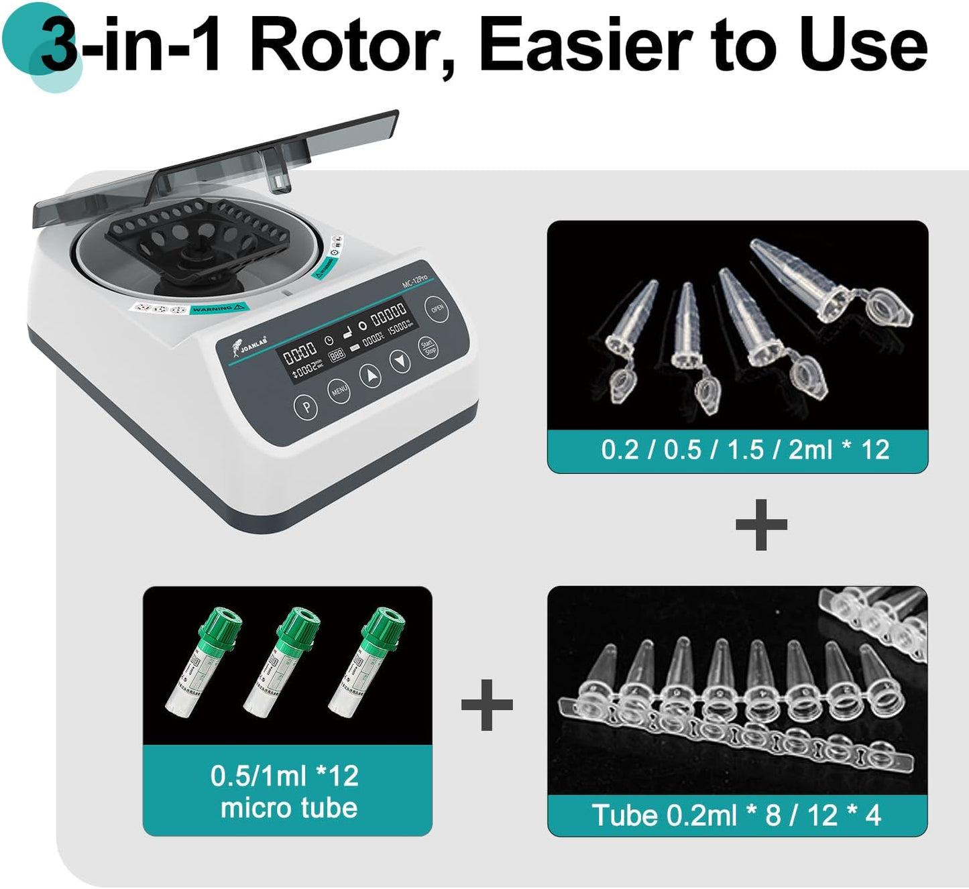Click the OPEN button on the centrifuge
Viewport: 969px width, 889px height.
437,309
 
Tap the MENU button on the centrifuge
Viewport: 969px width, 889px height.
339,390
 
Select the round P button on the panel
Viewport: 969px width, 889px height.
306,406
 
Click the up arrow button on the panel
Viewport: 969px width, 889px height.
371,375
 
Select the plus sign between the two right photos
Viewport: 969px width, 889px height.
761,525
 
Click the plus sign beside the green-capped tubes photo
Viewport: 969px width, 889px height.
488,705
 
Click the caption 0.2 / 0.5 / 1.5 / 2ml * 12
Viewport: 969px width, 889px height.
744,450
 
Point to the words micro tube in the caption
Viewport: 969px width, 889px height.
289,808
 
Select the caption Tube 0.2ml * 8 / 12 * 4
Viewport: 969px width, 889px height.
736,816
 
